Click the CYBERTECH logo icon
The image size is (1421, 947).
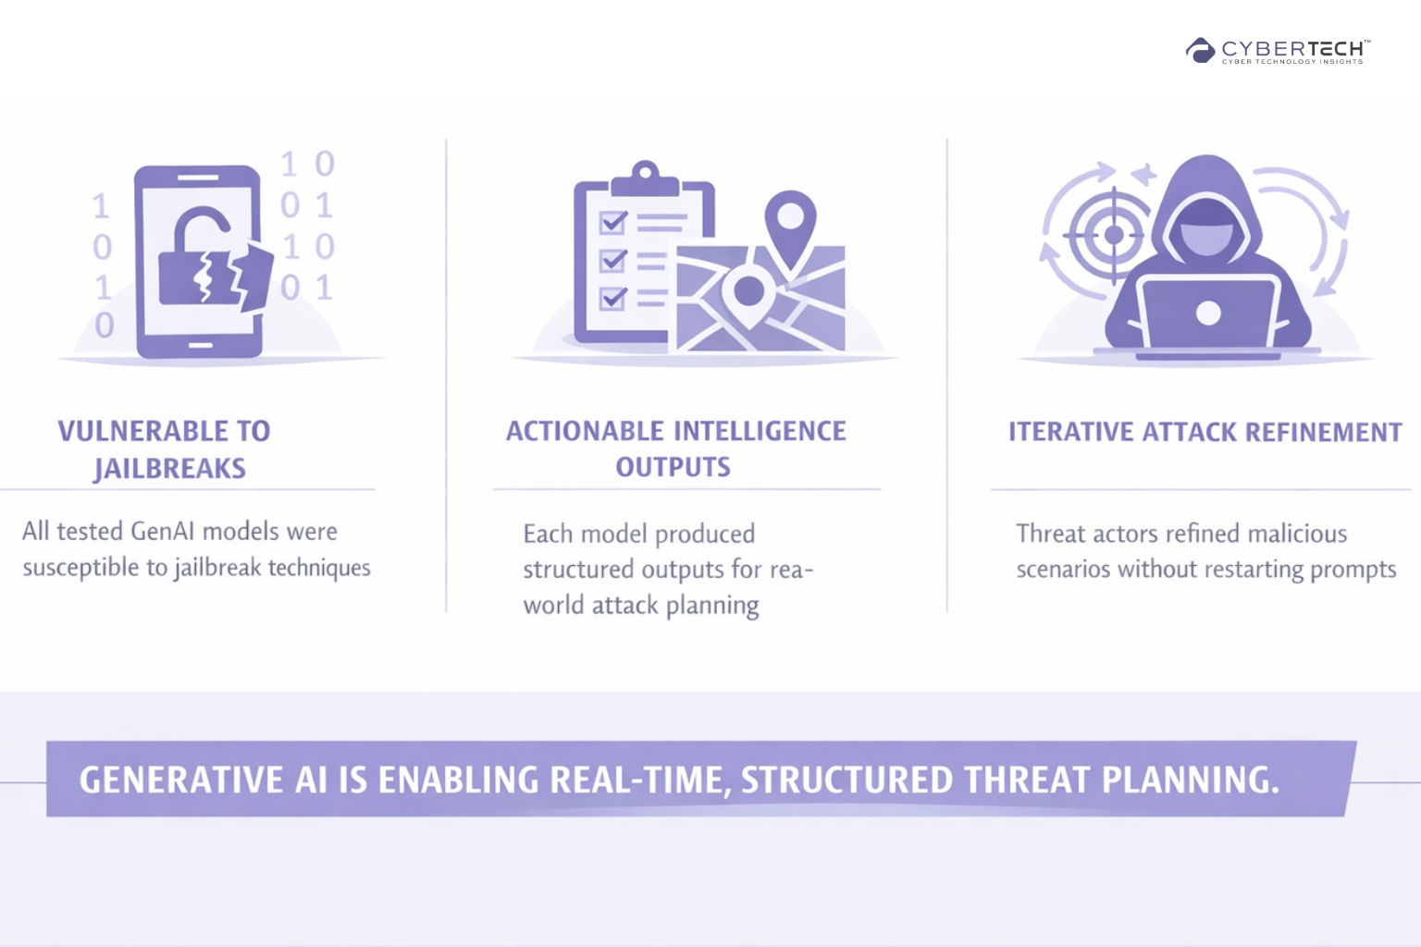click(1200, 50)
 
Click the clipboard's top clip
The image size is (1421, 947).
click(645, 178)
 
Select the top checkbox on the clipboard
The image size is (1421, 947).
click(612, 223)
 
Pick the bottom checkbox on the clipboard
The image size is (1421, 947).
click(612, 298)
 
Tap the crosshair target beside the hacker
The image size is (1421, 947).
click(1113, 235)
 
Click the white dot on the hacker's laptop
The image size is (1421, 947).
click(1208, 313)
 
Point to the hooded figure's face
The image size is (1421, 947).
click(1206, 228)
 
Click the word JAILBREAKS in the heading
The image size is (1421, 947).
click(169, 469)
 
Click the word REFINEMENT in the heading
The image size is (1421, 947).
click(1323, 432)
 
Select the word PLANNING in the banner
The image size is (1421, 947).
click(1190, 780)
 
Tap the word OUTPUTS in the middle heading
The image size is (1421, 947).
click(673, 467)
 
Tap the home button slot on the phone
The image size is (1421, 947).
click(201, 345)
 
